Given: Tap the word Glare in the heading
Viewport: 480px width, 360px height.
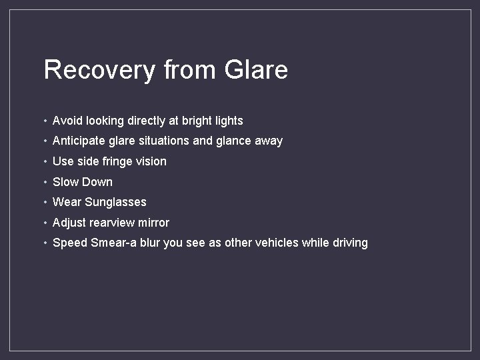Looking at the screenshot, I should tap(257, 70).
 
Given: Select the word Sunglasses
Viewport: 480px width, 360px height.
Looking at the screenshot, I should tap(115, 202).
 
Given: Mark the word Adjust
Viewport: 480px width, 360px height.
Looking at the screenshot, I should tap(68, 223).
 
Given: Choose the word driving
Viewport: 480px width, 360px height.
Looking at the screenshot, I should tap(350, 243).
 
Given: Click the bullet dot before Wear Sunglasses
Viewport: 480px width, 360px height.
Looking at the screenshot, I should tap(45, 203).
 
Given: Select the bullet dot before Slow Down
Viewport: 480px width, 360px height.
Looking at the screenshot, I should tap(45, 183).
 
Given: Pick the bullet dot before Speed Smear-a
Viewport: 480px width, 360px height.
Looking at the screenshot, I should tap(45, 243).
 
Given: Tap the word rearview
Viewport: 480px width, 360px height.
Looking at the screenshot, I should tap(112, 223).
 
